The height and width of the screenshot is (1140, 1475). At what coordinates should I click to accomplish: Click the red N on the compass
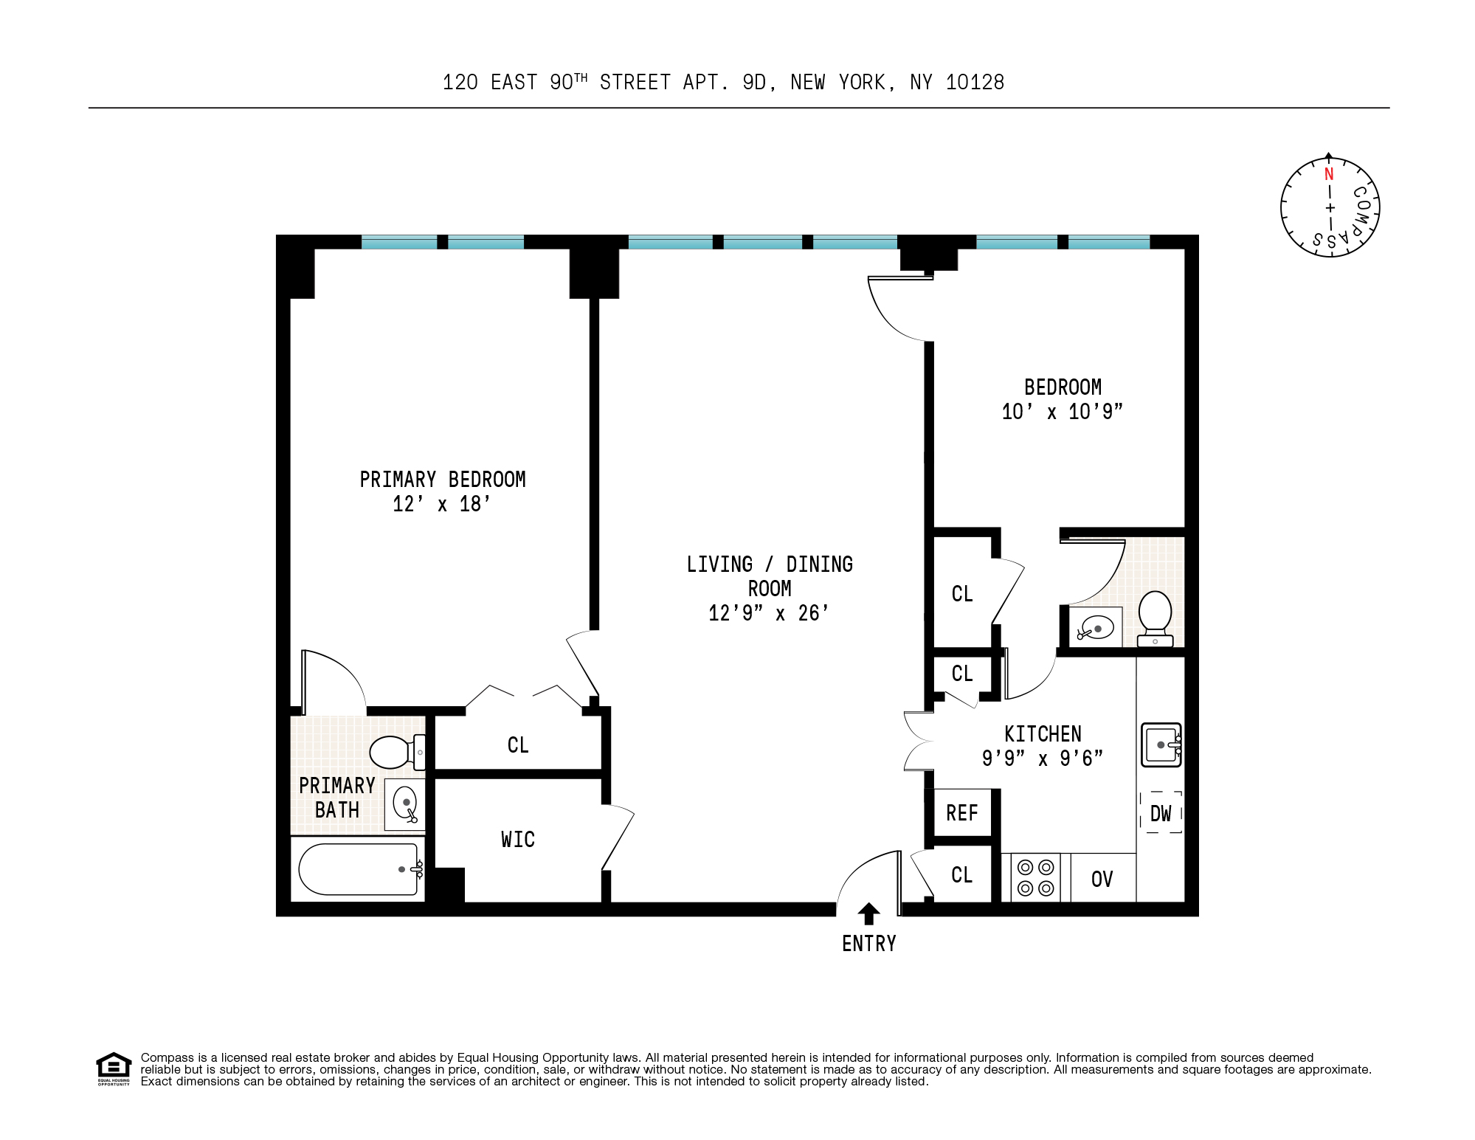[1329, 174]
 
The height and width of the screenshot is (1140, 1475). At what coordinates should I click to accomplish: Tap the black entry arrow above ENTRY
[868, 913]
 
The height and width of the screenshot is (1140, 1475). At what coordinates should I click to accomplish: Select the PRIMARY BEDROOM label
[442, 480]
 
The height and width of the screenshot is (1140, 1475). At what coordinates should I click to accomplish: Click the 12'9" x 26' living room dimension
[768, 613]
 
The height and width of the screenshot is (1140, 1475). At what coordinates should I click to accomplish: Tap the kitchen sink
[1161, 745]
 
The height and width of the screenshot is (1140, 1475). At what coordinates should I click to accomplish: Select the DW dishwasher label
[1161, 813]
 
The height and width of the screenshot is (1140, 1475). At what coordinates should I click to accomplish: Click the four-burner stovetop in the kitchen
[1035, 877]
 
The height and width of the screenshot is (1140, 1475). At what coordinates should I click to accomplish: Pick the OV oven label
[1102, 879]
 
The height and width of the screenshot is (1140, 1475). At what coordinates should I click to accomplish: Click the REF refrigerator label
[961, 813]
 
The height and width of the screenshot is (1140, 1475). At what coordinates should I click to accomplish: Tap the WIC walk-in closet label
[517, 840]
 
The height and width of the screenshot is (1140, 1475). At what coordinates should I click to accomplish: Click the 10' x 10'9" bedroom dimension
[1062, 412]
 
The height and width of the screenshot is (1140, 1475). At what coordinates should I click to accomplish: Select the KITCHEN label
[1043, 734]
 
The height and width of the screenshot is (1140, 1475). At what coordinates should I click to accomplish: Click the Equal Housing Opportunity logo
[114, 1068]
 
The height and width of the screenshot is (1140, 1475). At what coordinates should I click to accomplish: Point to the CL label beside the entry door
[961, 875]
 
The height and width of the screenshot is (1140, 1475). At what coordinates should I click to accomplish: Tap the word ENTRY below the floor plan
[868, 944]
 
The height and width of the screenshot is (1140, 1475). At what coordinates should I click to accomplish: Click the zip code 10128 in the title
[975, 83]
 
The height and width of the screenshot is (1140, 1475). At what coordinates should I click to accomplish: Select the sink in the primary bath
[405, 804]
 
